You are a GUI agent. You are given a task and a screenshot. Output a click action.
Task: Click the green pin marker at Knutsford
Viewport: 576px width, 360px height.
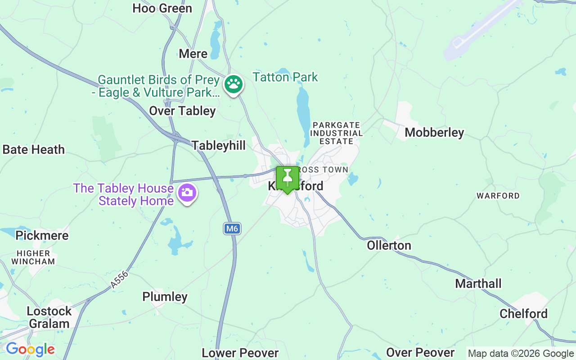287,179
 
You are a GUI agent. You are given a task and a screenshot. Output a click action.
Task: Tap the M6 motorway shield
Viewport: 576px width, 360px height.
231,229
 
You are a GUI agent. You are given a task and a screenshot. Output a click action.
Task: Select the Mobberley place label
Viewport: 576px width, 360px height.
434,132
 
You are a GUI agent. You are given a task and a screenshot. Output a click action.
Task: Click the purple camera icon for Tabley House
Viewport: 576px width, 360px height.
187,193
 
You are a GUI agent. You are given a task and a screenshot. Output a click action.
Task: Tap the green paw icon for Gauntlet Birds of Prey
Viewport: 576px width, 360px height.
234,84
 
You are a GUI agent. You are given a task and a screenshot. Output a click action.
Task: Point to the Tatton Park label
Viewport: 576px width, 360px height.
285,77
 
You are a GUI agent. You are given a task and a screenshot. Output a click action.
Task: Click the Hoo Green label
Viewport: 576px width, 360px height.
162,8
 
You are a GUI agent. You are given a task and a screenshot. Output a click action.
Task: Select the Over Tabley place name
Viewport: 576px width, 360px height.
182,111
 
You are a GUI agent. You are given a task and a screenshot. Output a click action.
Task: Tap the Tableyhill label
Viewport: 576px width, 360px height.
219,145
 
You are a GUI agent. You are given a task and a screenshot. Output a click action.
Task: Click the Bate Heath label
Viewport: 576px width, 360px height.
34,149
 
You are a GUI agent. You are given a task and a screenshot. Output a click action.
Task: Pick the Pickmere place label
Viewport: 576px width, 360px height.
42,235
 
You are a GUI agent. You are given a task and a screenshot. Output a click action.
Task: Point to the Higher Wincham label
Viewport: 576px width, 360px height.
33,257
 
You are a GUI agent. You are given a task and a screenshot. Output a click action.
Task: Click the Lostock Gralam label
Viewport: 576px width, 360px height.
49,317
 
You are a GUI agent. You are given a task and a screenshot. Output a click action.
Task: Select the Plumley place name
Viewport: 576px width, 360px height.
165,297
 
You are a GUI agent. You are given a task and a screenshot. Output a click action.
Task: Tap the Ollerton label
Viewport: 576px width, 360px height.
389,245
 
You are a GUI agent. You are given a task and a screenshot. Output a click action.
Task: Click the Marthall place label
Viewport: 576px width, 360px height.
478,283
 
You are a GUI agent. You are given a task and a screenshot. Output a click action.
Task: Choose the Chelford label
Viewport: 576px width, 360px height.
523,314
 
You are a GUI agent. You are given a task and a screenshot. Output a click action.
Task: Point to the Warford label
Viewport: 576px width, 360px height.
498,196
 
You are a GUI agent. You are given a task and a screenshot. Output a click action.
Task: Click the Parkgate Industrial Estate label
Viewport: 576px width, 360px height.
336,133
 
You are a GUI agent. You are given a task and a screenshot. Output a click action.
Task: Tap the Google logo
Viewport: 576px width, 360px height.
30,349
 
